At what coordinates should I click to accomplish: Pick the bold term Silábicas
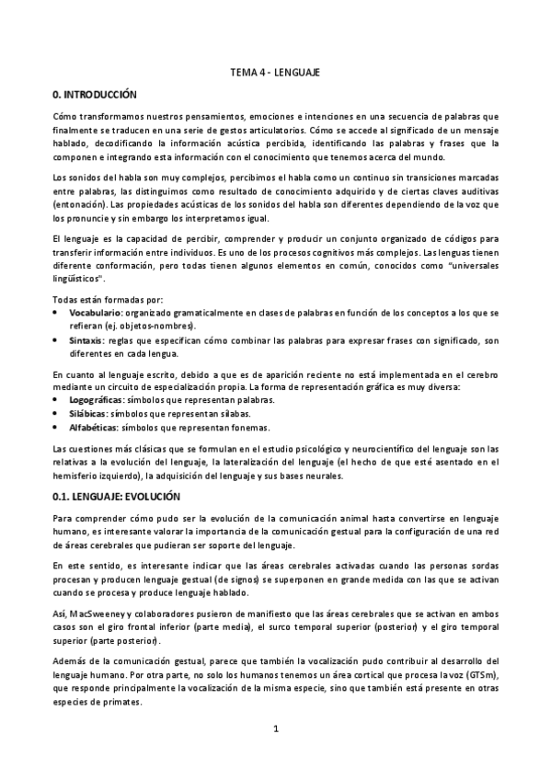(x=88, y=414)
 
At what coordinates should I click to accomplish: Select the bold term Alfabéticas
(x=94, y=428)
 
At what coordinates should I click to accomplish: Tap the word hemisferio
(x=79, y=476)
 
